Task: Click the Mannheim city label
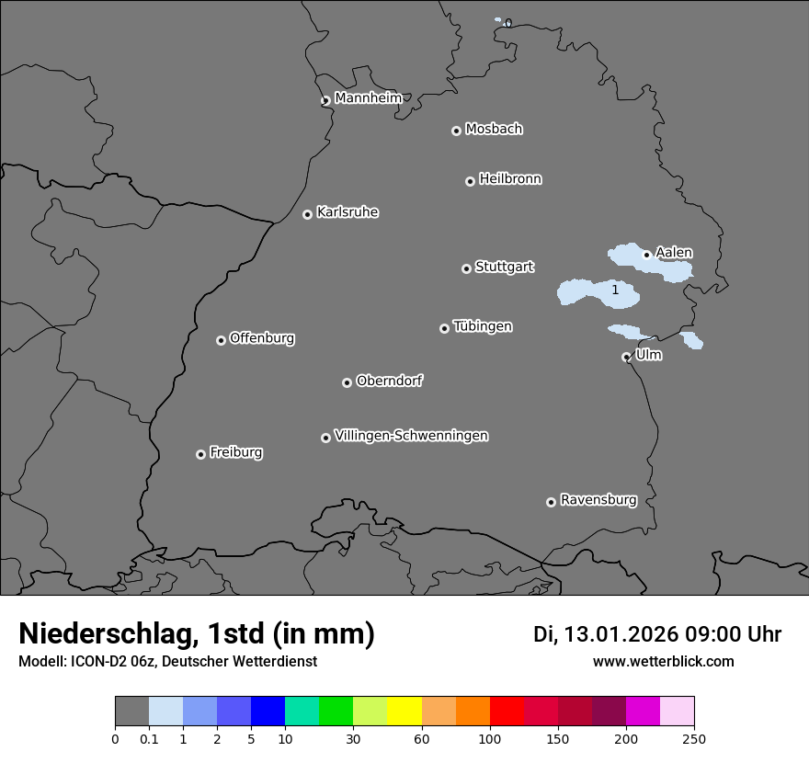point(368,97)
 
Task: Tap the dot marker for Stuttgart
point(466,268)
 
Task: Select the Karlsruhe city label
point(348,212)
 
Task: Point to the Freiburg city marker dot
point(200,454)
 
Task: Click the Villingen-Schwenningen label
point(411,436)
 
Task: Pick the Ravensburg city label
point(598,500)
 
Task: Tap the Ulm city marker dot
point(626,357)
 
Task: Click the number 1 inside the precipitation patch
point(615,290)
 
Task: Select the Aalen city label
point(674,253)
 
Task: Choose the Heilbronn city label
point(510,179)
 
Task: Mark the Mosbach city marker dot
point(456,131)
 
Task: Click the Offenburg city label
point(262,338)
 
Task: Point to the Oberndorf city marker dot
point(347,382)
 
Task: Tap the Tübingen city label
point(483,326)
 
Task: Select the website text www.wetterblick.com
point(663,662)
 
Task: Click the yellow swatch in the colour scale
point(404,712)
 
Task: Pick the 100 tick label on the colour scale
point(490,738)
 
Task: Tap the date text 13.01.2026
point(621,634)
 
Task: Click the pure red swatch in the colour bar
point(507,712)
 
